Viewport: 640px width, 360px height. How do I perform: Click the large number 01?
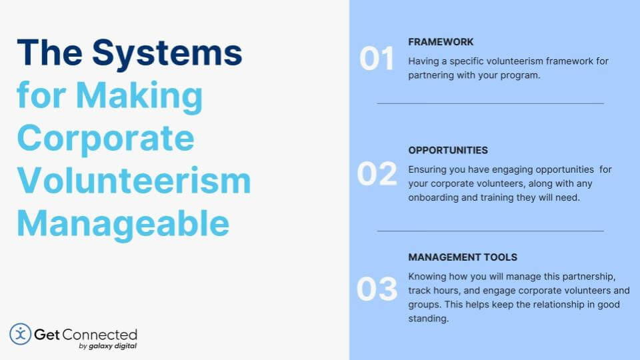[377, 59]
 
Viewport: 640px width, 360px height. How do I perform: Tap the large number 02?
[377, 174]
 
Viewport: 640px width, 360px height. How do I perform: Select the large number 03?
[377, 289]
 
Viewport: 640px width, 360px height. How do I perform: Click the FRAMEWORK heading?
[441, 42]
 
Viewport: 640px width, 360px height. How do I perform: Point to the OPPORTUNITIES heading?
[448, 150]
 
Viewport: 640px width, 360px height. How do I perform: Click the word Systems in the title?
[167, 53]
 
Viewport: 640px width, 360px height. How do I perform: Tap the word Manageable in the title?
[123, 224]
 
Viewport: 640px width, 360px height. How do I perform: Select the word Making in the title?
[139, 96]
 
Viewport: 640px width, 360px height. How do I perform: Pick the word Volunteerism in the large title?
[134, 181]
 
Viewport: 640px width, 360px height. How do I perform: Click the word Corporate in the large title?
[106, 139]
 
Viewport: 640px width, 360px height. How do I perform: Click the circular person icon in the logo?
[21, 334]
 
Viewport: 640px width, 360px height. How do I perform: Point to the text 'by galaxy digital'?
[108, 346]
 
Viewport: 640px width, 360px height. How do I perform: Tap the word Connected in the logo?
[100, 335]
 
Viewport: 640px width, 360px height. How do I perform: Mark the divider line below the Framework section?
[490, 104]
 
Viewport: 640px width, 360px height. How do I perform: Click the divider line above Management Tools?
[490, 231]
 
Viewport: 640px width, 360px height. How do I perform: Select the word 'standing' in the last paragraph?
[428, 319]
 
